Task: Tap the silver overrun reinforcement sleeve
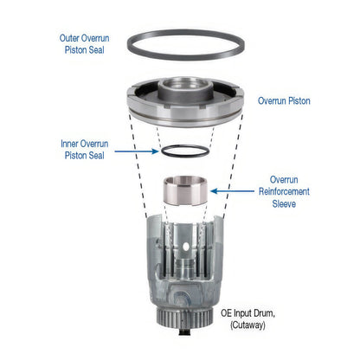click(x=185, y=190)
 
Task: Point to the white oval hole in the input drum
click(x=186, y=247)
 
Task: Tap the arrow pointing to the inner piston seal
click(x=137, y=151)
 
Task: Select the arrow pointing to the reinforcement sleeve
click(x=232, y=191)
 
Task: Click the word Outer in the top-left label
click(x=69, y=38)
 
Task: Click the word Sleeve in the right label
click(x=284, y=203)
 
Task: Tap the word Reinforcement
click(x=284, y=191)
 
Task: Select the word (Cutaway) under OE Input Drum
click(x=247, y=325)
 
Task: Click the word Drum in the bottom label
click(x=264, y=313)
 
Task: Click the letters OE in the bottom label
click(x=227, y=313)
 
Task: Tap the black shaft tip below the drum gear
click(x=184, y=332)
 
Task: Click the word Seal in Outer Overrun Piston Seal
click(x=95, y=50)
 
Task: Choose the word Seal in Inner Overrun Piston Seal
click(x=95, y=156)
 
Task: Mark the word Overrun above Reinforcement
click(x=284, y=179)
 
